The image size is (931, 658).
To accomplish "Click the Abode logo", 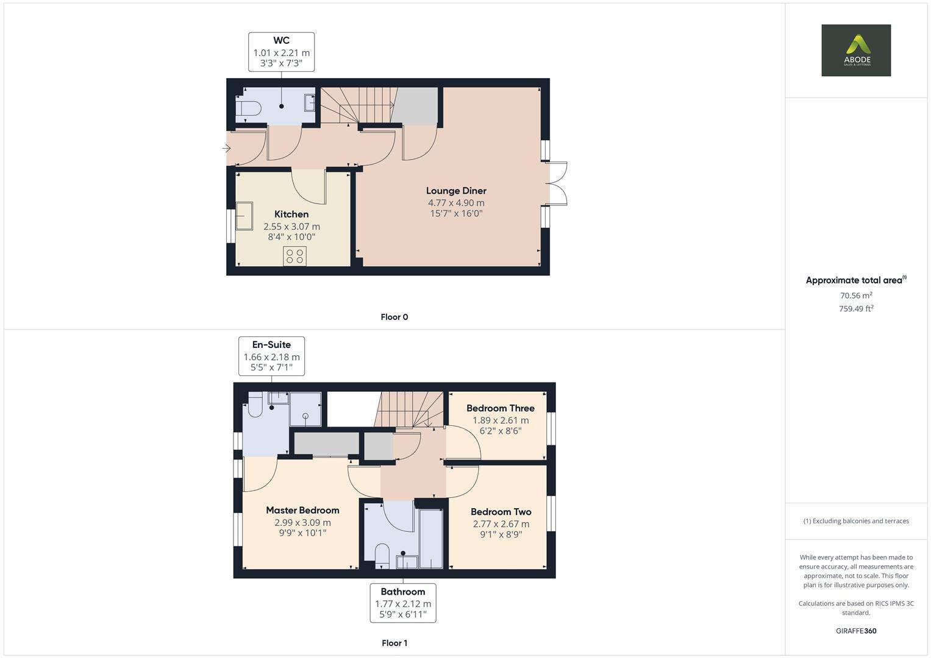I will [x=855, y=50].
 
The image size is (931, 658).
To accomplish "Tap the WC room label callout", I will [x=281, y=52].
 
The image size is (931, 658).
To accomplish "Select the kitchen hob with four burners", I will [x=294, y=256].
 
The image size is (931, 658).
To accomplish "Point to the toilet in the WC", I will [x=250, y=108].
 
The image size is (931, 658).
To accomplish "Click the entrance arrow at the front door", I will [x=226, y=148].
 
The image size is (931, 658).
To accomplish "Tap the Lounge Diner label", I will [x=456, y=191].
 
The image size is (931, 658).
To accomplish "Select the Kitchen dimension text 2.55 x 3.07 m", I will [x=291, y=226].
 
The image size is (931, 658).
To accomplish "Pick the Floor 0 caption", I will [x=394, y=317].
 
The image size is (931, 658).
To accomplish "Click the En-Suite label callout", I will [x=271, y=356].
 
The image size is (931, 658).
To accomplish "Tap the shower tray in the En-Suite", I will [x=305, y=409].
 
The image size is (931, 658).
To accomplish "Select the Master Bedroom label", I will [x=302, y=511].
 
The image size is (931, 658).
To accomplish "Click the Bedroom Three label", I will [x=500, y=408].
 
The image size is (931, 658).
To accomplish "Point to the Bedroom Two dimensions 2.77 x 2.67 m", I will [x=501, y=524].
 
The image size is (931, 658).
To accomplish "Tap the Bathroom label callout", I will [x=402, y=603].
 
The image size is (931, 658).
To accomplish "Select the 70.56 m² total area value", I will [x=855, y=295].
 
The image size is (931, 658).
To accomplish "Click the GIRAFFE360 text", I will [x=855, y=631].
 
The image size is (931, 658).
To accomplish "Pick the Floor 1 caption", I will [x=394, y=643].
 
